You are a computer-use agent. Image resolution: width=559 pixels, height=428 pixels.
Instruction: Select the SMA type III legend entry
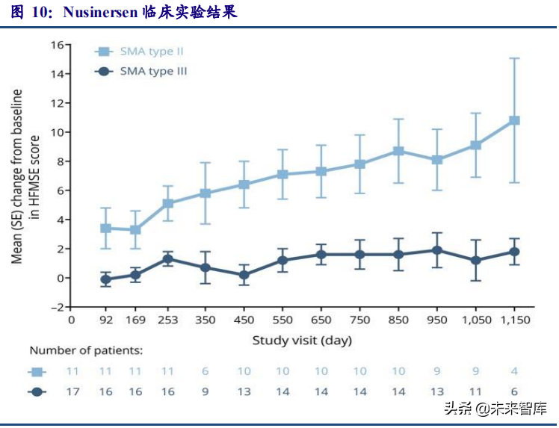[142, 72]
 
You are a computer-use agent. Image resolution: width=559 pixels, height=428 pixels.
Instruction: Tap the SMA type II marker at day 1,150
[513, 120]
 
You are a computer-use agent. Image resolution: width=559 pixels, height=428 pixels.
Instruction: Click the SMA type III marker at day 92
[105, 279]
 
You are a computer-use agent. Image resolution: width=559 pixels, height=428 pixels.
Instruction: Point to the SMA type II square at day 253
[168, 203]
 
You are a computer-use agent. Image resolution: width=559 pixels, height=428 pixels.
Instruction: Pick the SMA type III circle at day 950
[437, 250]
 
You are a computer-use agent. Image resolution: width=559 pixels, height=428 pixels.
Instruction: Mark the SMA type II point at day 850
[398, 151]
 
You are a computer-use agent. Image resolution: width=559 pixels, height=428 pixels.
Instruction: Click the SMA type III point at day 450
[244, 275]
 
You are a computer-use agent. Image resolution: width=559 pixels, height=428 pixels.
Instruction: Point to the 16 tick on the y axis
[55, 44]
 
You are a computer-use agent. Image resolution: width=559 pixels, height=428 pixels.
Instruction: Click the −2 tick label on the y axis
[54, 307]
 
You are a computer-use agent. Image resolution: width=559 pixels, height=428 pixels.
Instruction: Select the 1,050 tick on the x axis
[475, 320]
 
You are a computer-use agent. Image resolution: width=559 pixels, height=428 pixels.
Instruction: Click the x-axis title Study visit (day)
[301, 341]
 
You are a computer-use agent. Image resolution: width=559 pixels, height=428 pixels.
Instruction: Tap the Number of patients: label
[86, 350]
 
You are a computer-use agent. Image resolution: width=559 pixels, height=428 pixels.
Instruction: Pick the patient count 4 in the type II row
[513, 371]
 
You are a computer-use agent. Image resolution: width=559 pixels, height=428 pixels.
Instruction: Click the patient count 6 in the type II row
[206, 371]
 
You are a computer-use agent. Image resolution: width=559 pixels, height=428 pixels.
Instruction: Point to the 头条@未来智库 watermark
[495, 409]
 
